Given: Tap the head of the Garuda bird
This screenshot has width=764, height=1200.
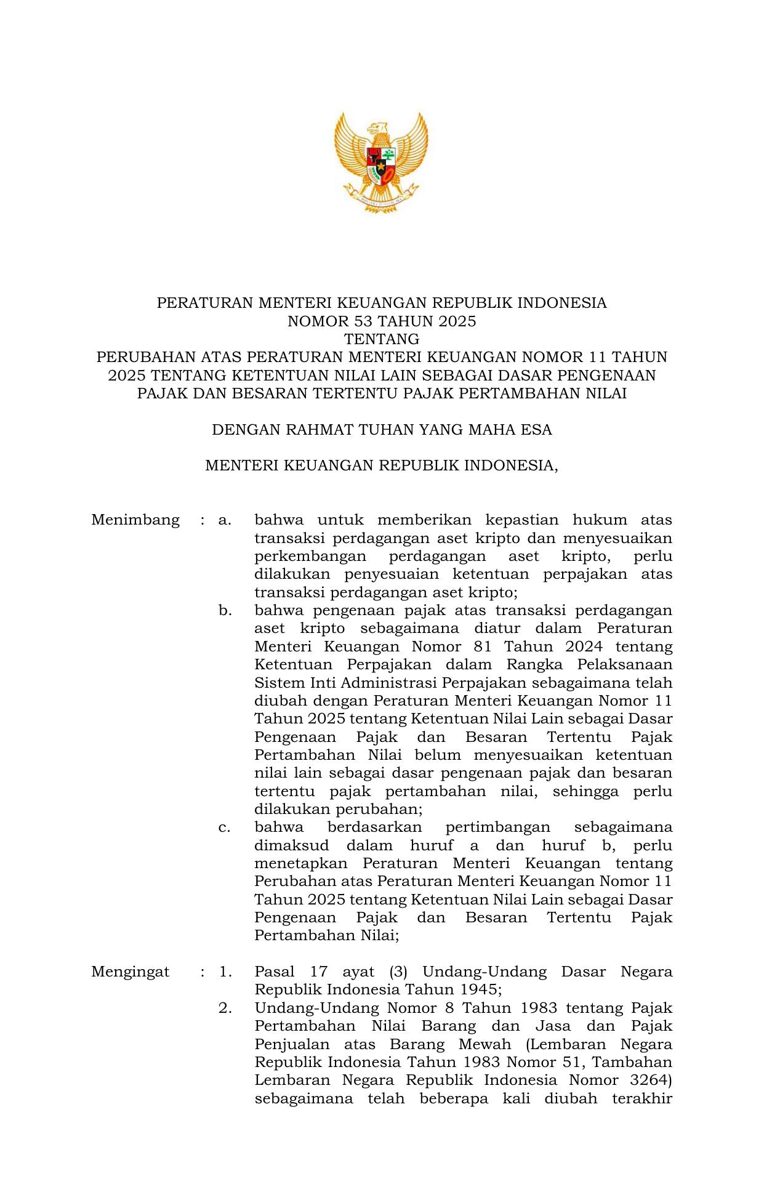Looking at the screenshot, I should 377,129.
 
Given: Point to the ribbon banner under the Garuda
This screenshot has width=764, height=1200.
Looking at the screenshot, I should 381,198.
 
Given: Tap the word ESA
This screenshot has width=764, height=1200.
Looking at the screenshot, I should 536,430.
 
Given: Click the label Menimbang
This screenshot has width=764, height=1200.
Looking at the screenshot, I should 135,520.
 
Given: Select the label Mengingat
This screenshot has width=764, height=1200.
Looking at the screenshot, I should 131,972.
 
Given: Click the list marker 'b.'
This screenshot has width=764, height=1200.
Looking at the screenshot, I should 225,611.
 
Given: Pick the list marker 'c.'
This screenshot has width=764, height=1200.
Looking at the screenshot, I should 225,828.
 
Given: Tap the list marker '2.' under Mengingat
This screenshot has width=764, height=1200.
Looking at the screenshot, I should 225,1009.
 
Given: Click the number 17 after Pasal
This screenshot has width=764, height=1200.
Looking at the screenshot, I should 319,972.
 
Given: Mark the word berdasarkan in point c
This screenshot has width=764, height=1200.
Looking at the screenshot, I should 374,828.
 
